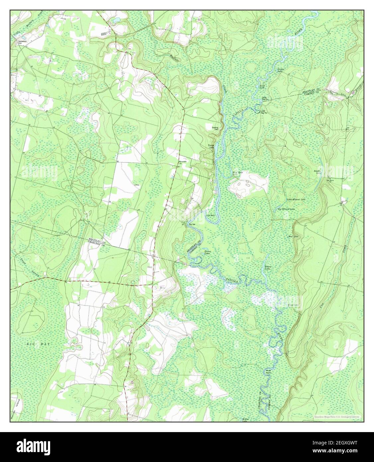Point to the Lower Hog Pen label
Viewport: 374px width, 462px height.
tap(265, 111)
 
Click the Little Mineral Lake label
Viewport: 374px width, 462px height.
tap(296, 199)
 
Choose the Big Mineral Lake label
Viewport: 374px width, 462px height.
tap(286, 209)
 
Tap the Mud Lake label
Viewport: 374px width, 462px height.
tap(293, 237)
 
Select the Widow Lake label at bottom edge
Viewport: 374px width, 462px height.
tap(245, 420)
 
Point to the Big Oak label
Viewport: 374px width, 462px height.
tap(192, 225)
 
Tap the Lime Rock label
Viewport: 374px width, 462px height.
tap(209, 215)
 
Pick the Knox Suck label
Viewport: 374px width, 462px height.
tap(262, 86)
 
